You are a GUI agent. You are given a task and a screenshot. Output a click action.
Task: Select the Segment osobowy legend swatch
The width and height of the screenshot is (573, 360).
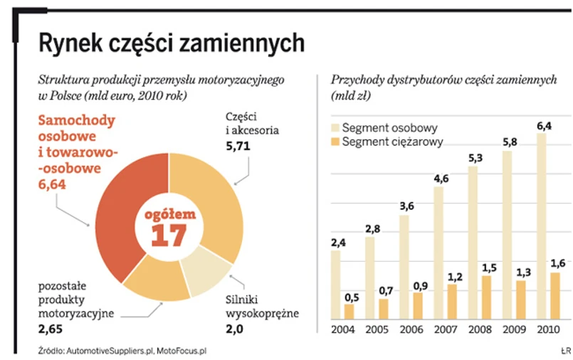pyautogui.click(x=335, y=128)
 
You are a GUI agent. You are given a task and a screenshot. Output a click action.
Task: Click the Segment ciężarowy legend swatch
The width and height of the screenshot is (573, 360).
pyautogui.click(x=335, y=142)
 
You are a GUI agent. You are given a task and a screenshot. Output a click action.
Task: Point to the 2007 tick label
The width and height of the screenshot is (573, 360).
pyautogui.click(x=446, y=331)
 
